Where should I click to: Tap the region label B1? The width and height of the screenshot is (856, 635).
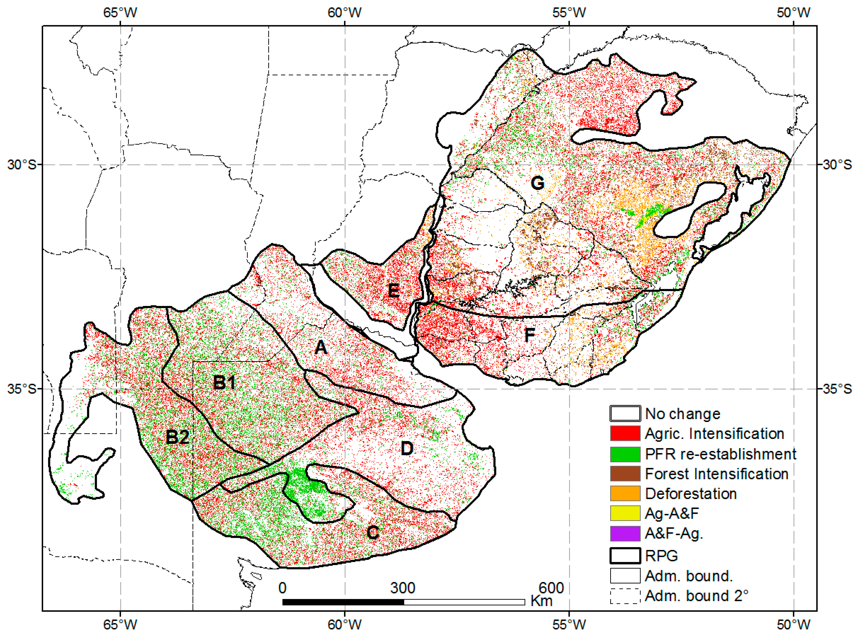(224, 382)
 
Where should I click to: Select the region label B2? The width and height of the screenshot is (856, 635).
(177, 437)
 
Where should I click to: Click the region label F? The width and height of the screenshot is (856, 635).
(529, 335)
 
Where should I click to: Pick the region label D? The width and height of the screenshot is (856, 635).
(407, 448)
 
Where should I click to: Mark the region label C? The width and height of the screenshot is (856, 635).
(373, 532)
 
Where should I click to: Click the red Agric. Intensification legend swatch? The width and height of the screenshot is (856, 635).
(625, 433)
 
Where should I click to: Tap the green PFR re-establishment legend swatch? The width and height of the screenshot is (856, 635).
(625, 454)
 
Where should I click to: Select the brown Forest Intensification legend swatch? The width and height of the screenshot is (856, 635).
(625, 473)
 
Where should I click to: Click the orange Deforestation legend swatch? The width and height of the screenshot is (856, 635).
(625, 493)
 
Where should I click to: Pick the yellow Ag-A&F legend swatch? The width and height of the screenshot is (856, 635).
(625, 513)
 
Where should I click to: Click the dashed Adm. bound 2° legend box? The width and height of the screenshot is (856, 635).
(625, 596)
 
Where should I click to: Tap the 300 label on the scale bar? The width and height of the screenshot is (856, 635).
(403, 588)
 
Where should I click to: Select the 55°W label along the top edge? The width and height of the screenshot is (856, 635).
(569, 13)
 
